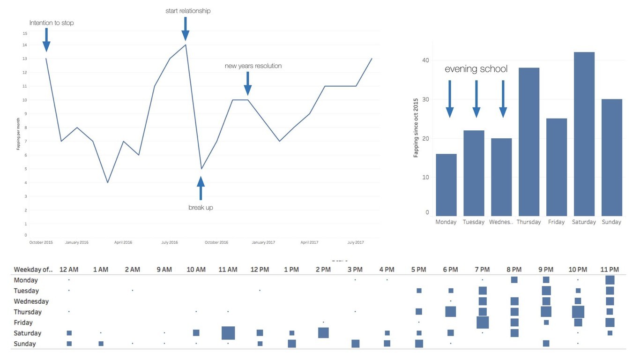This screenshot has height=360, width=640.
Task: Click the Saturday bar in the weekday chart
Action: coord(583,134)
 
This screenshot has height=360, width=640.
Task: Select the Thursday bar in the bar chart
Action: coord(529,142)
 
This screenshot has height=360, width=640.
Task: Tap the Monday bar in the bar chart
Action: coord(446,185)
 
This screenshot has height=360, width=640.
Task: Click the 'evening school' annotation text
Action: coord(476,69)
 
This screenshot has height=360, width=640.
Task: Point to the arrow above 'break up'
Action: coord(201,188)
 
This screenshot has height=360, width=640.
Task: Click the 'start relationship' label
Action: coord(188,11)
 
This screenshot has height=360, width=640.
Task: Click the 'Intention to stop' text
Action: coord(52,22)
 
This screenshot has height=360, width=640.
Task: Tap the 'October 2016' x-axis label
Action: coord(216,242)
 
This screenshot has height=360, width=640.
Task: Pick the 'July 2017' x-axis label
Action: coord(356,242)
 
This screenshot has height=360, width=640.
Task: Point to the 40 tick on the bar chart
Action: coord(426,60)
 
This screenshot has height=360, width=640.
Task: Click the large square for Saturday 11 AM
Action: coord(228,333)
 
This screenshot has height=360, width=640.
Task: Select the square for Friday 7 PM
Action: coord(483,322)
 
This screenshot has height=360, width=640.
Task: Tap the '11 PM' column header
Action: coord(610,270)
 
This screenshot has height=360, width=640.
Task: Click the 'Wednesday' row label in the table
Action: coord(31,301)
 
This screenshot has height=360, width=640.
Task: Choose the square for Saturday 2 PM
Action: coord(323,333)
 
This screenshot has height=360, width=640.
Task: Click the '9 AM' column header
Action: coord(164,270)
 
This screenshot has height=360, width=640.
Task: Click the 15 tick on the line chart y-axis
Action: coord(25,34)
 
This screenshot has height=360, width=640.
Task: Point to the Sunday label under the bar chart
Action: coord(611,222)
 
